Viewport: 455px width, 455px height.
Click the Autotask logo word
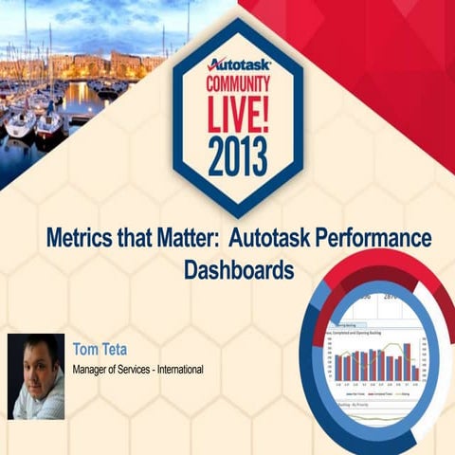(x=240, y=65)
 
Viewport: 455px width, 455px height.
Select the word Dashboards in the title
(x=238, y=268)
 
